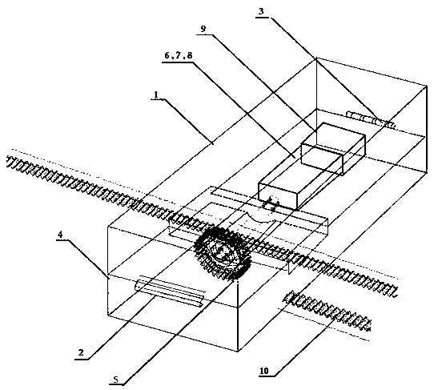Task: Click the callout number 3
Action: click(261, 11)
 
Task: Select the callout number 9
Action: click(203, 29)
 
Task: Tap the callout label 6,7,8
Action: click(179, 55)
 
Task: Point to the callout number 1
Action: click(156, 95)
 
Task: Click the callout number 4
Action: click(60, 235)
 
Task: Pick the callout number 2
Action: click(81, 352)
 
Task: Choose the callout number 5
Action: click(116, 380)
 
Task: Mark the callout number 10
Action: click(264, 371)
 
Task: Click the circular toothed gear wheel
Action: click(223, 251)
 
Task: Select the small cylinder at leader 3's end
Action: click(370, 119)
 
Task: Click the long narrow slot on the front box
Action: click(170, 293)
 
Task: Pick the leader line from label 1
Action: click(189, 121)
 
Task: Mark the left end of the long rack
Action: click(8, 160)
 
